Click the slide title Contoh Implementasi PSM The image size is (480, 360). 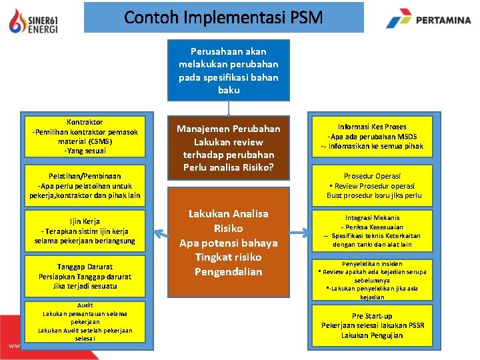tap(223, 17)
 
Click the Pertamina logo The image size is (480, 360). tap(428, 21)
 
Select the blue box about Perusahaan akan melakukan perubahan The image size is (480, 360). tap(229, 70)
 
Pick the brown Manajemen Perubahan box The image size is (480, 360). tap(229, 147)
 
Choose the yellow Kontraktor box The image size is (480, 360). tap(85, 136)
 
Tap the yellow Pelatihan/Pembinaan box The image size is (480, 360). tap(85, 186)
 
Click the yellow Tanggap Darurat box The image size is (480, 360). tap(85, 276)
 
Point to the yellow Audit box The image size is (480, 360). tap(85, 322)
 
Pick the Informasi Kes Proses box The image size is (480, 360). tap(371, 136)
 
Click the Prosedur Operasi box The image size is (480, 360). tap(371, 186)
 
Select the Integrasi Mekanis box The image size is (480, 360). tap(371, 231)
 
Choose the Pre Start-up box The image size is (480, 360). tap(371, 325)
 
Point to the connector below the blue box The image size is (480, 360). tap(229, 108)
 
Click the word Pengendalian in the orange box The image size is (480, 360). tap(229, 272)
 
